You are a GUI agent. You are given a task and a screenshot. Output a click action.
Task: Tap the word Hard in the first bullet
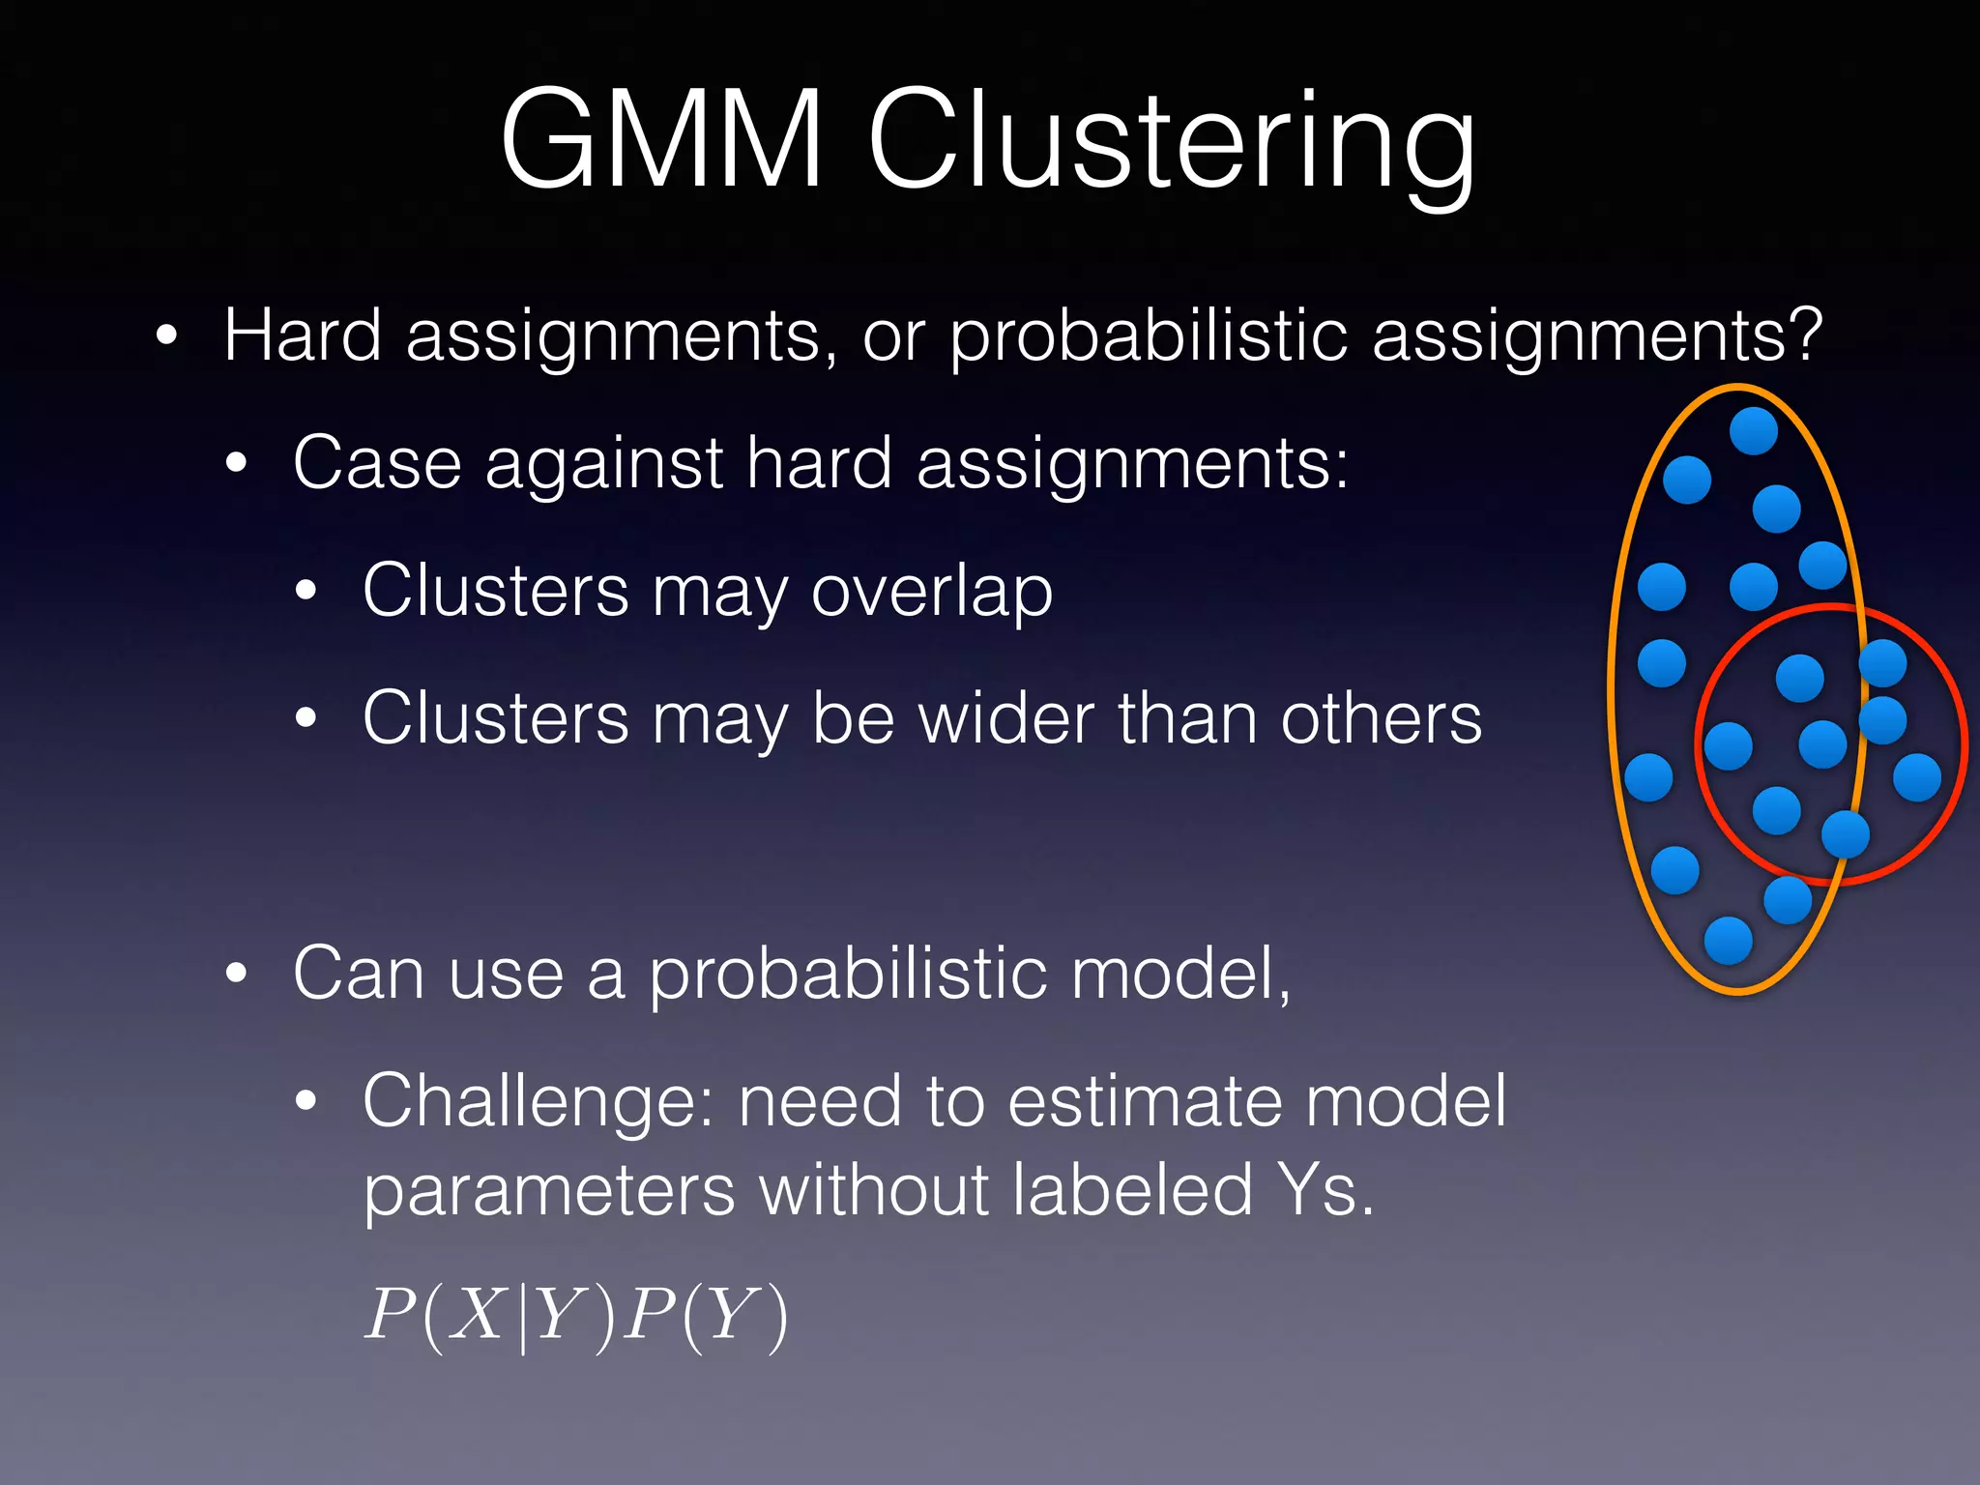click(303, 335)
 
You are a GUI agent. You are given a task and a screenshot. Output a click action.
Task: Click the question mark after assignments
click(1804, 335)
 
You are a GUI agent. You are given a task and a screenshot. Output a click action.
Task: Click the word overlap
click(931, 593)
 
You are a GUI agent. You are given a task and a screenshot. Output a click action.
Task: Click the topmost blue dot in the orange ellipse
click(1754, 431)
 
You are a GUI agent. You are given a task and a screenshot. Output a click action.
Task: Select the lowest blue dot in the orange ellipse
click(1729, 941)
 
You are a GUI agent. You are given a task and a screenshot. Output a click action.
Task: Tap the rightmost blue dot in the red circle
click(1917, 778)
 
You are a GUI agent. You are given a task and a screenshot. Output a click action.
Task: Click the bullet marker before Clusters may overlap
click(306, 591)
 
